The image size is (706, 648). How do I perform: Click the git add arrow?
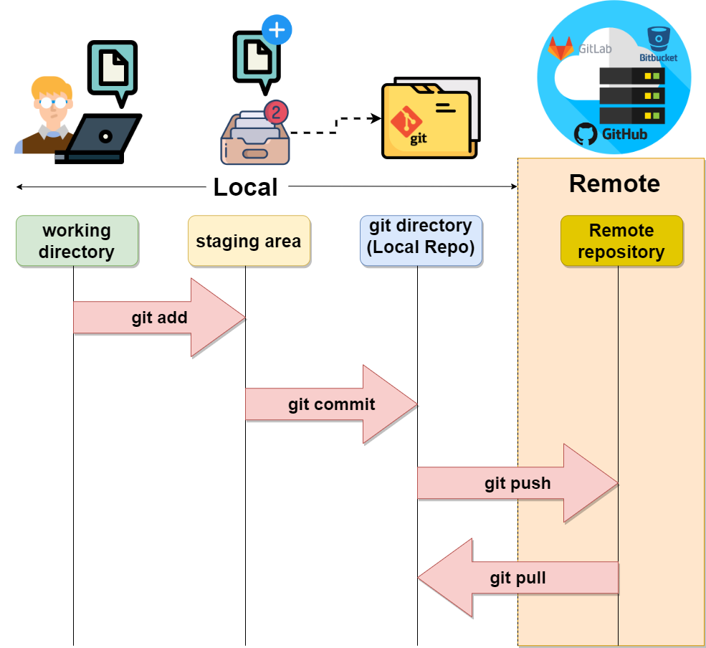coord(159,318)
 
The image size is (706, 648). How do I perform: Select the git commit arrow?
coord(331,404)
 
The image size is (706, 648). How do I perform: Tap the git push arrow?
coord(517,483)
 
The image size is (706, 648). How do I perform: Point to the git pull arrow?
coord(517,578)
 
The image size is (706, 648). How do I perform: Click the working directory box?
coord(77,241)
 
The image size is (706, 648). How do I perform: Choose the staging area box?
coord(249,241)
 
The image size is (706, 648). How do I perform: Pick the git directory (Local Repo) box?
coord(421,241)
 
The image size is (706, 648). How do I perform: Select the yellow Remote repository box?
coord(621,241)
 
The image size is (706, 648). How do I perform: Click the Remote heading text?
coord(614,184)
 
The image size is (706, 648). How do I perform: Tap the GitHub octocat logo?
coord(586,134)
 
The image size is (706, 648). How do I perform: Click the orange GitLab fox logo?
coord(561,49)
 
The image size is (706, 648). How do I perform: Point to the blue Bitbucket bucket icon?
coord(659,38)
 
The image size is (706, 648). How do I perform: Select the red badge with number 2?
coord(276,112)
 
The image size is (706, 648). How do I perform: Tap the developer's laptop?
coord(100,136)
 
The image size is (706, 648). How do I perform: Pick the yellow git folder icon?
coord(429,120)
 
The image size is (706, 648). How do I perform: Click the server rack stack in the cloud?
coord(632,95)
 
